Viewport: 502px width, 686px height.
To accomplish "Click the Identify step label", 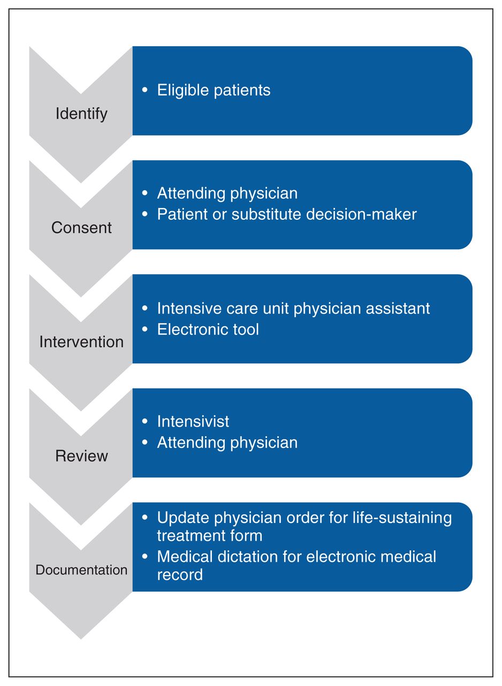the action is pos(81,114).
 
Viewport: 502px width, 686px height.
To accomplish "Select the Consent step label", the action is pos(81,228).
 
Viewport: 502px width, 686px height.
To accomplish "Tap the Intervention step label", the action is pos(81,342).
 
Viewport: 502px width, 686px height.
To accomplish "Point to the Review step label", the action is pos(81,456).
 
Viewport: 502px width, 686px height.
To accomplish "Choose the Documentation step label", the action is pos(81,570).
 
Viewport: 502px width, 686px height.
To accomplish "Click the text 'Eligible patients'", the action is pos(214,91).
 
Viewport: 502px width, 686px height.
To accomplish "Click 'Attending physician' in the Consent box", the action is pos(227,194).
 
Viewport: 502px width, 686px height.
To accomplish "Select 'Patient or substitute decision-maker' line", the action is pos(287,214).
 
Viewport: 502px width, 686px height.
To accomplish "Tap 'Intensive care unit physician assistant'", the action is pos(293,309).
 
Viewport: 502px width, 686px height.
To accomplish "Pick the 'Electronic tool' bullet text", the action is pos(208,330).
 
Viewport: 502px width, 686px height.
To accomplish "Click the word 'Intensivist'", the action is pos(193,421).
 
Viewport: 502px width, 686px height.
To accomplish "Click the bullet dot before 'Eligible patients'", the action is pos(145,90).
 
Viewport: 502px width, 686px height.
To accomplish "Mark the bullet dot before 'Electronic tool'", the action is pos(145,329).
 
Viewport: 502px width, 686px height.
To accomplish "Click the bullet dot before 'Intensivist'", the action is pos(145,421).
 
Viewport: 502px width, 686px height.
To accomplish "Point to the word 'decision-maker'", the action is pos(361,214).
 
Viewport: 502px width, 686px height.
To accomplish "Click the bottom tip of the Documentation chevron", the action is pos(81,639).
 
